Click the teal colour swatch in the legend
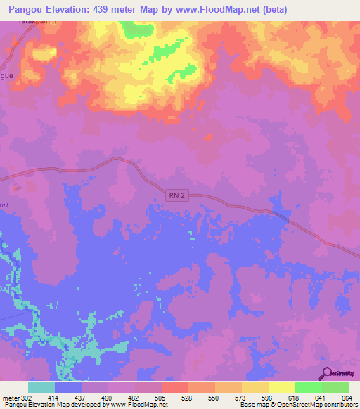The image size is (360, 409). (41, 387)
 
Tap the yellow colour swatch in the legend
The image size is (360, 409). (281, 387)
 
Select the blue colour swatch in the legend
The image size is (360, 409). (68, 387)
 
